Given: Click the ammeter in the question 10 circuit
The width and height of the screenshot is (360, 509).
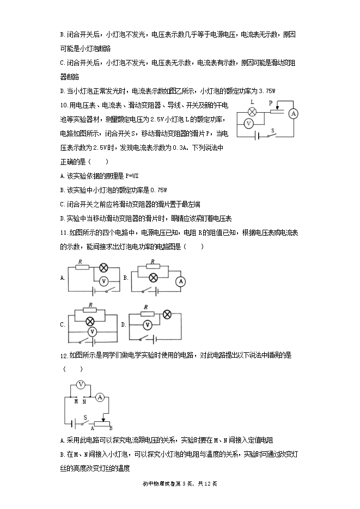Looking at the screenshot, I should [x=293, y=113].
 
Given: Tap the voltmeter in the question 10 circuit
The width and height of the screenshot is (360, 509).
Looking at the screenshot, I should [x=248, y=124].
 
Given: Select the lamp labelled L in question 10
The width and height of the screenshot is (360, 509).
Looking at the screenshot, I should [x=252, y=111].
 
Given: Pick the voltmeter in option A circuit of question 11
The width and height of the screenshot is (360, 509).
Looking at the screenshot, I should [x=106, y=280].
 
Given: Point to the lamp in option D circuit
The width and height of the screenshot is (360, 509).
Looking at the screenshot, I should [x=167, y=314].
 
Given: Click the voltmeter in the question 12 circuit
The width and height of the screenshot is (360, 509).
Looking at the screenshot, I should [x=80, y=384].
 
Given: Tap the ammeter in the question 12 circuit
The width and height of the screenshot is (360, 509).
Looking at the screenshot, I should [x=100, y=398].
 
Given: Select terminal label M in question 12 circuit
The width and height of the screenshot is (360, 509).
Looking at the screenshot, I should [x=76, y=402].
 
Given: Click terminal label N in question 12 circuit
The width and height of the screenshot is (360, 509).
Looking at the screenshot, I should [x=84, y=402].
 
